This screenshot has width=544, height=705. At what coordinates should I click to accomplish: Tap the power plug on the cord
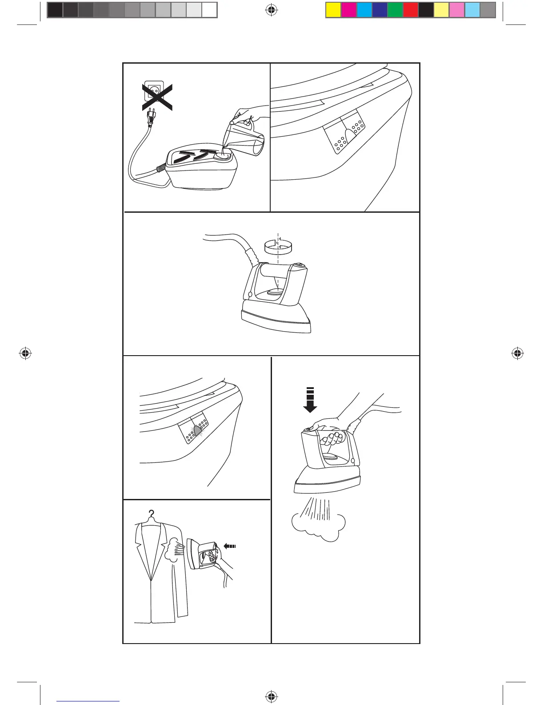tap(151, 119)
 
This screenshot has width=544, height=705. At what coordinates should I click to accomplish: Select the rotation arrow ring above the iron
tap(278, 246)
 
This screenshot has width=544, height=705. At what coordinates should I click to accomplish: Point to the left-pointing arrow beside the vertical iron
tap(230, 546)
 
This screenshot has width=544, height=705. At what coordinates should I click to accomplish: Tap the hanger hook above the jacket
tap(152, 515)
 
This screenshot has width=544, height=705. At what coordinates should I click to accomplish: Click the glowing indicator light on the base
tap(198, 429)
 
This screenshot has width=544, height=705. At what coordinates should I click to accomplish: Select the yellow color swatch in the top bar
tap(334, 10)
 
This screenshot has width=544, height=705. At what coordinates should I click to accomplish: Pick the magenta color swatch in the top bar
tap(349, 10)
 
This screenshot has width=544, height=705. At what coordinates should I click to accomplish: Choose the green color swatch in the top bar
tap(395, 10)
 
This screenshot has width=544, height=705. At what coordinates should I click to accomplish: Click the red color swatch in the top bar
tap(411, 10)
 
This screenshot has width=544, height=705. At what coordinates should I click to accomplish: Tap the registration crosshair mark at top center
tap(271, 10)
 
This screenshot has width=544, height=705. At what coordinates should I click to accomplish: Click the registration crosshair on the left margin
tap(25, 354)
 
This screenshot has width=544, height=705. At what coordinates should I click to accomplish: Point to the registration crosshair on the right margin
tap(517, 354)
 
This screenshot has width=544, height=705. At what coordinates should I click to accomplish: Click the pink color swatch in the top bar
tap(457, 10)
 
